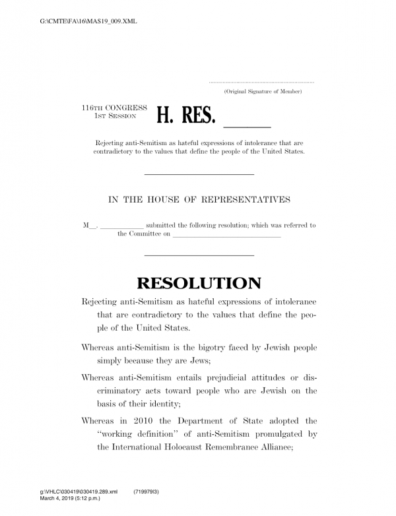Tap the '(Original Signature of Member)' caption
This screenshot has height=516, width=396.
coord(263,90)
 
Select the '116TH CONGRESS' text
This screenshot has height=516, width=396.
coord(110,107)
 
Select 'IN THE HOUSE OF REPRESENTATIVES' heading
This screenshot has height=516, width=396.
coord(199,199)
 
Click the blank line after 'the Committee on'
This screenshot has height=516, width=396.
coord(226,235)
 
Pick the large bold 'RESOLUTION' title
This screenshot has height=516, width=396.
coord(199,284)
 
